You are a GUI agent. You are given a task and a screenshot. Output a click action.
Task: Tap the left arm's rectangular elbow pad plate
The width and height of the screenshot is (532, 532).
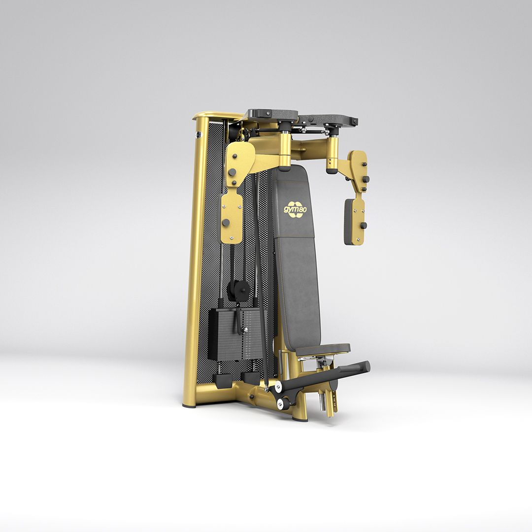232,218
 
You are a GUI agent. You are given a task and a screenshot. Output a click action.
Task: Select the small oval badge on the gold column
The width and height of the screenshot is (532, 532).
198,135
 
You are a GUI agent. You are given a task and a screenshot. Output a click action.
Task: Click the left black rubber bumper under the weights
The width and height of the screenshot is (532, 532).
222,380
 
